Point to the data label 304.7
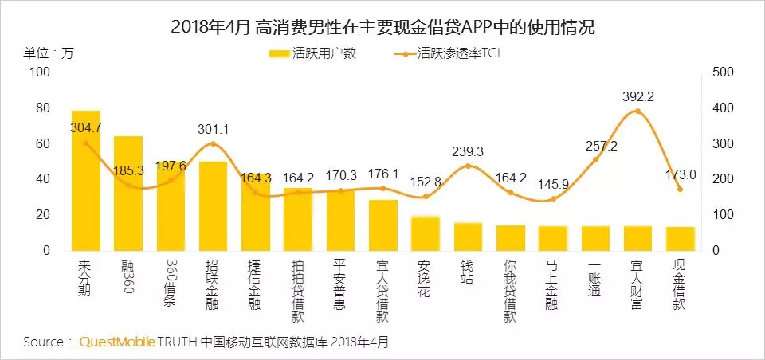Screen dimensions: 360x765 coord(86,127)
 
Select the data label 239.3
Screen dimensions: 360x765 coord(468,152)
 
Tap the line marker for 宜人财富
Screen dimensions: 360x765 coord(637,112)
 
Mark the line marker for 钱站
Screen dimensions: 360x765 coord(468,166)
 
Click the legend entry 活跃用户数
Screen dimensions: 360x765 coord(313,54)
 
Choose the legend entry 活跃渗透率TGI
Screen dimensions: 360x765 coord(450,54)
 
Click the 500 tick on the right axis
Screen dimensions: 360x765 coord(721,72)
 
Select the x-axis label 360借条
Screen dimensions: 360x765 coord(171,279)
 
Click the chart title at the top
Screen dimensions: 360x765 coord(382,27)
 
